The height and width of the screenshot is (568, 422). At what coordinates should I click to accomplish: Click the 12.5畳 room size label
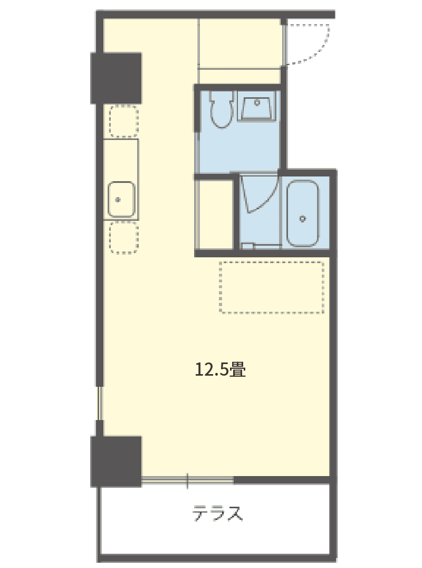[220, 370]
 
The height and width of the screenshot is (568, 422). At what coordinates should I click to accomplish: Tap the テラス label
[217, 513]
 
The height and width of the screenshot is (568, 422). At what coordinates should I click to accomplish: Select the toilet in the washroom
[220, 109]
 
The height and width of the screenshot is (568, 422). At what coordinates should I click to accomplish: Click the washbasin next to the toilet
[257, 106]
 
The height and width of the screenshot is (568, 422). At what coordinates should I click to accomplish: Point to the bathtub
[303, 213]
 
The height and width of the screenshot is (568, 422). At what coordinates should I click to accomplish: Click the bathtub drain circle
[303, 219]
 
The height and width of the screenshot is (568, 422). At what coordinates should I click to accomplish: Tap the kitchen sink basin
[121, 200]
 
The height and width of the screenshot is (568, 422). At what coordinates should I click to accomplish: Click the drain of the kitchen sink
[118, 200]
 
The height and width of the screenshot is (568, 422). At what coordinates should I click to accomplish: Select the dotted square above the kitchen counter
[123, 121]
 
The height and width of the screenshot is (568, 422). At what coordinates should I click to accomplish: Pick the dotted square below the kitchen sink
[123, 238]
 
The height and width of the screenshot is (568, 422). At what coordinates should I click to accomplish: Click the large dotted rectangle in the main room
[271, 287]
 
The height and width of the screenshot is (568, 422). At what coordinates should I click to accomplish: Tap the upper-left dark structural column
[116, 78]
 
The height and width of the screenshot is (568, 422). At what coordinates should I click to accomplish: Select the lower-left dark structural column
[116, 461]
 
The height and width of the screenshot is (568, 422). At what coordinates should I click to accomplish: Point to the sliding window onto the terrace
[187, 480]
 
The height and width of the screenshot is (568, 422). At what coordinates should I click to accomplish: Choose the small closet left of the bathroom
[216, 215]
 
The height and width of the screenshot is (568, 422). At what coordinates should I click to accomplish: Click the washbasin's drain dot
[257, 103]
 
